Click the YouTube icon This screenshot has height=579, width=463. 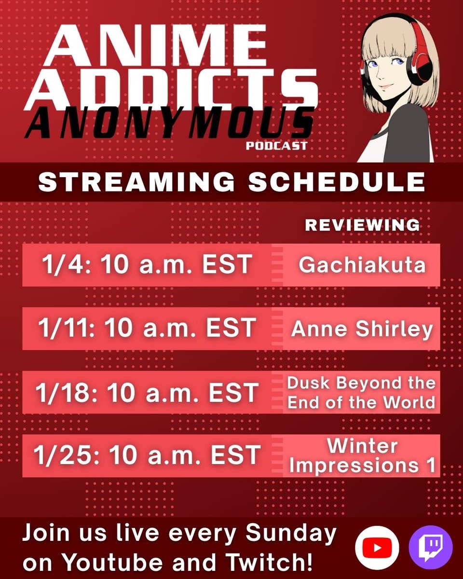377,548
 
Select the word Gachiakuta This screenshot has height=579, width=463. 362,264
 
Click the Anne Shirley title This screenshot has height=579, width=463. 362,329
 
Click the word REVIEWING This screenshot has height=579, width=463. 362,225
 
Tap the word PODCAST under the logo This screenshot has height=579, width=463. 276,145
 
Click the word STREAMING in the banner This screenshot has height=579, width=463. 136,182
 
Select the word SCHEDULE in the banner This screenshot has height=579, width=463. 337,182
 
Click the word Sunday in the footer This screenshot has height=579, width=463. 292,534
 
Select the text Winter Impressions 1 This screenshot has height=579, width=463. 362,456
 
